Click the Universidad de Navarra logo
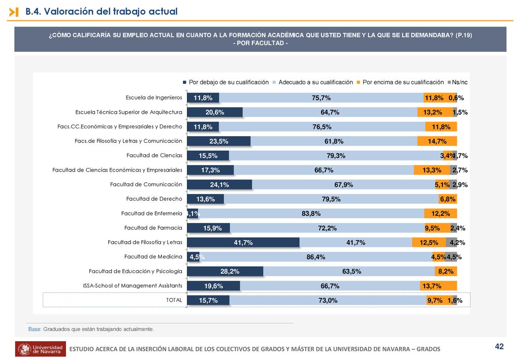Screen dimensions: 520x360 pos(41,349)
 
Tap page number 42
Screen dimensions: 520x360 pos(499,346)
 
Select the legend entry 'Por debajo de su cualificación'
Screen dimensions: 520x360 pos(226,82)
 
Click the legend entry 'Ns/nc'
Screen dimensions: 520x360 pos(458,82)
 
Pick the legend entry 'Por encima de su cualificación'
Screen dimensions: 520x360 pos(400,82)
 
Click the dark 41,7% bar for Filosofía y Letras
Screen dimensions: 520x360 pos(243,242)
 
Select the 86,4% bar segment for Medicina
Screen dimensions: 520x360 pos(315,257)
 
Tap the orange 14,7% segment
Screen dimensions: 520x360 pos(437,141)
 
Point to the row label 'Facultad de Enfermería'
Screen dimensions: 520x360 pos(151,213)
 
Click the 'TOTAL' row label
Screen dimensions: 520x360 pos(174,300)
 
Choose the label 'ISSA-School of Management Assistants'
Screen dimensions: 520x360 pos(133,286)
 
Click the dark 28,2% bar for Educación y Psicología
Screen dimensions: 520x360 pos(225,271)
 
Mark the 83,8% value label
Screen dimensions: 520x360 pos(311,213)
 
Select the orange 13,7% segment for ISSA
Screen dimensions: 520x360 pos(438,286)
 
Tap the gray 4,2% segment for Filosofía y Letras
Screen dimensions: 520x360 pos(451,242)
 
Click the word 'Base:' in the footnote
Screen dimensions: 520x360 pos(35,329)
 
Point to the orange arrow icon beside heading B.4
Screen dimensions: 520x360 pos(14,12)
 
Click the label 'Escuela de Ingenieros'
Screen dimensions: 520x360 pos(154,97)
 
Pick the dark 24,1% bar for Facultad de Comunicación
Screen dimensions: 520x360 pos(219,185)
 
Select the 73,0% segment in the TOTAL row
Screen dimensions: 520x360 pos(328,300)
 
